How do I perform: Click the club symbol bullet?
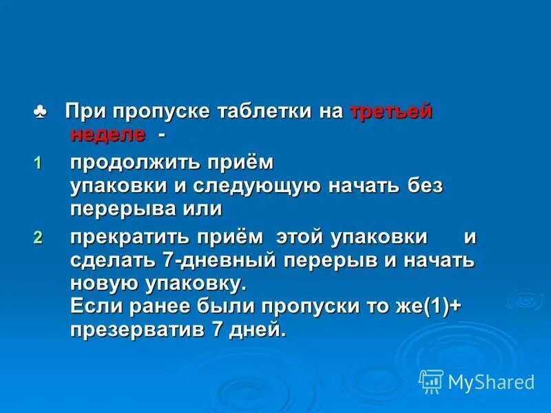40,111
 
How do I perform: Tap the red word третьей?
391,112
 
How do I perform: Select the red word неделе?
107,134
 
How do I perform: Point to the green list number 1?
38,164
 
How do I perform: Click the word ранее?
152,307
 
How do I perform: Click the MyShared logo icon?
431,381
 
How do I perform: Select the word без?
424,186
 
